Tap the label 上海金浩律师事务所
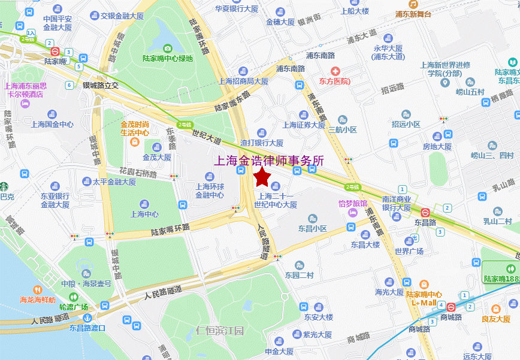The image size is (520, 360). tap(269, 161)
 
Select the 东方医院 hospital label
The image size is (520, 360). tap(335, 81)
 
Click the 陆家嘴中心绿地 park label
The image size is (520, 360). tap(168, 59)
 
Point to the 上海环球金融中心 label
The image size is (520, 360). tap(210, 190)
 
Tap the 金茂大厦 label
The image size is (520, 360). tap(157, 158)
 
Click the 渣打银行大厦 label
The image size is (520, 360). tap(262, 143)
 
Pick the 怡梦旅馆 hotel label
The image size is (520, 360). tap(353, 204)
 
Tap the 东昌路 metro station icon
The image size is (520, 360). tap(425, 212)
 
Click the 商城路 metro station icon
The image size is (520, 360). tap(451, 306)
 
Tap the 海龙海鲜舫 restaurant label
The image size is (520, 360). tap(38, 300)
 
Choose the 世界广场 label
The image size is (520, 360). tap(409, 251)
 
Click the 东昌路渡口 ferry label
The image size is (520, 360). tap(87, 328)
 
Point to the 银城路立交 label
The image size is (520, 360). tap(101, 85)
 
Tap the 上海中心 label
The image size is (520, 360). tap(144, 214)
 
